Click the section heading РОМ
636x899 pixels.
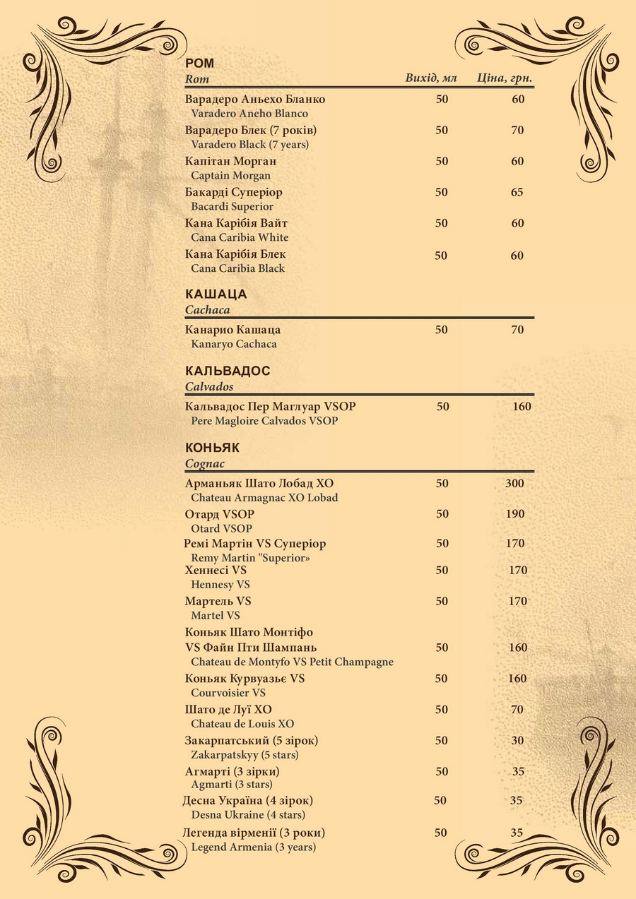pyautogui.click(x=199, y=64)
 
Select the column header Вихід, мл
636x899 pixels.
pyautogui.click(x=432, y=78)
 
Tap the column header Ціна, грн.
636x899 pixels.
pyautogui.click(x=505, y=78)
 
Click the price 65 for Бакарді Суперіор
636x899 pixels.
pyautogui.click(x=517, y=192)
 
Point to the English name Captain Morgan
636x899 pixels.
pyautogui.click(x=230, y=175)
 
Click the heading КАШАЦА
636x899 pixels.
pyautogui.click(x=216, y=294)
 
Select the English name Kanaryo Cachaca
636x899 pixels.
pyautogui.click(x=234, y=344)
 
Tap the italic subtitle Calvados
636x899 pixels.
pyautogui.click(x=209, y=386)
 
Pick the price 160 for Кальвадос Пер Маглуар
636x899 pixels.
pyautogui.click(x=522, y=406)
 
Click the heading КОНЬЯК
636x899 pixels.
pyautogui.click(x=212, y=448)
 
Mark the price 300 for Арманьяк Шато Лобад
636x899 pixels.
pyautogui.click(x=515, y=483)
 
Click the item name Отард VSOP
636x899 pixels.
pyautogui.click(x=219, y=514)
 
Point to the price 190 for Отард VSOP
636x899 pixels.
pyautogui.click(x=515, y=514)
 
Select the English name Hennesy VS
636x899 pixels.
pyautogui.click(x=220, y=584)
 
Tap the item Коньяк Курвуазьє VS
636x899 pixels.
pyautogui.click(x=245, y=679)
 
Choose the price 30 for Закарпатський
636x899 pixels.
pyautogui.click(x=518, y=740)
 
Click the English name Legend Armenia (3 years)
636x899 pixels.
pyautogui.click(x=253, y=847)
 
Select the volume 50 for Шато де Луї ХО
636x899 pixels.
pyautogui.click(x=442, y=709)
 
